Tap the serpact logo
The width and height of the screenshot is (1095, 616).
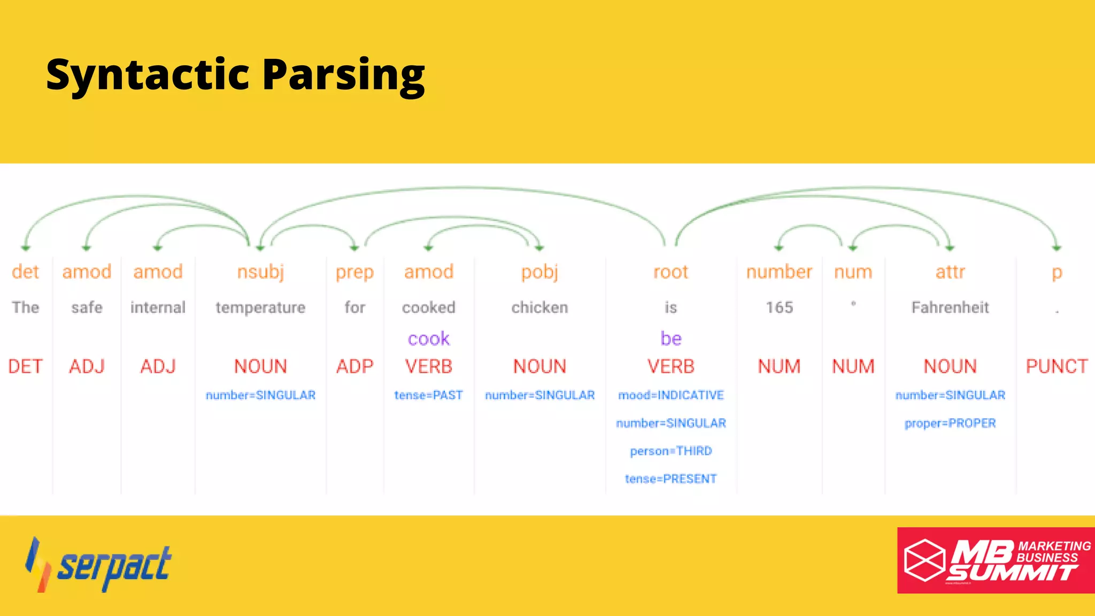pyautogui.click(x=99, y=565)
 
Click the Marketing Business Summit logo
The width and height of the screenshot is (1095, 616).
pyautogui.click(x=996, y=560)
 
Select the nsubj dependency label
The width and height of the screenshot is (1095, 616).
pyautogui.click(x=260, y=272)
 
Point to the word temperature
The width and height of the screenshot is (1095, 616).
pyautogui.click(x=260, y=307)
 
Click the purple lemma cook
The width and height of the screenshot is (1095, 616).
pyautogui.click(x=428, y=338)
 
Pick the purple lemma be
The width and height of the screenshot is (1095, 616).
pyautogui.click(x=670, y=338)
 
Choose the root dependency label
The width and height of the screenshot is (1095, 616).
pyautogui.click(x=670, y=272)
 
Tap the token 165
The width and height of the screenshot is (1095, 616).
pyautogui.click(x=779, y=307)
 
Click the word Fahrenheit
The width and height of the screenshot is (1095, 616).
pyautogui.click(x=950, y=307)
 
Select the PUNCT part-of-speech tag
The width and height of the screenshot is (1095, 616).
pyautogui.click(x=1057, y=366)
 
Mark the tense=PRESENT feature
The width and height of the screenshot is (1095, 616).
pyautogui.click(x=670, y=479)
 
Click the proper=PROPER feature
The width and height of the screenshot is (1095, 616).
pyautogui.click(x=950, y=423)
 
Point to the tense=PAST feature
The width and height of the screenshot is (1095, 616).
pyautogui.click(x=428, y=395)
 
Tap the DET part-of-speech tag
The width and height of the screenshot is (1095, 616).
pyautogui.click(x=25, y=366)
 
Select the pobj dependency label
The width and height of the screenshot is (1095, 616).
pyautogui.click(x=539, y=272)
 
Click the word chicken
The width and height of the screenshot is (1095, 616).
pyautogui.click(x=539, y=307)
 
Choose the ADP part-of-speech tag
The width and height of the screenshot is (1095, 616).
pyautogui.click(x=354, y=366)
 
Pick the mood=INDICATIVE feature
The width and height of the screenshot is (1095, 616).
pyautogui.click(x=670, y=395)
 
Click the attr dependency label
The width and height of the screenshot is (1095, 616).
pyautogui.click(x=950, y=272)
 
